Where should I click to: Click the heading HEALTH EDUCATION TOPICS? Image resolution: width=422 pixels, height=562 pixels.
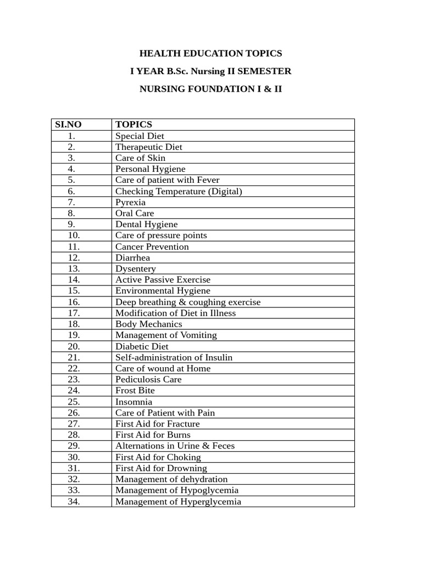pos(210,53)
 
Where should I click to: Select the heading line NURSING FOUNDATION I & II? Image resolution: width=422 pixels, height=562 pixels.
pos(210,88)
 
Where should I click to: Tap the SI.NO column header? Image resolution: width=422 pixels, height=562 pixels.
pos(69,125)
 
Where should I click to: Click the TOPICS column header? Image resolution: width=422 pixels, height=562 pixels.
pos(134,125)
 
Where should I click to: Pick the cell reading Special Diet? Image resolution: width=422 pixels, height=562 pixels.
pos(140,136)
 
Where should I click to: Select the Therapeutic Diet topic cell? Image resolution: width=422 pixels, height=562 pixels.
pos(148,147)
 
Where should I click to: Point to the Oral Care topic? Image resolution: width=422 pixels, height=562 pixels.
pos(135,213)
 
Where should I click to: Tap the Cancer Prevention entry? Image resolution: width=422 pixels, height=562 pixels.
pos(152,246)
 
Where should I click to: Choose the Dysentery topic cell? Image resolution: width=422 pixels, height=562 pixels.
pos(135,269)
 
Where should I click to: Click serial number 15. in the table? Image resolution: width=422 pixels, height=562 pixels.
pos(74,291)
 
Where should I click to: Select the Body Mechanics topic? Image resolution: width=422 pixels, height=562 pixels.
pos(148,324)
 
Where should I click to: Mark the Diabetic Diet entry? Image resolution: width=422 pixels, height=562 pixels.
pos(142,346)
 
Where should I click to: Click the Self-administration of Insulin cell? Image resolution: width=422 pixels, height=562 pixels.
pos(174,357)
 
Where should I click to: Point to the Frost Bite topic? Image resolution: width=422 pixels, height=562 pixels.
pos(135,390)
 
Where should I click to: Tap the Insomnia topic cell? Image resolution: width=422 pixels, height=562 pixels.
pos(134,402)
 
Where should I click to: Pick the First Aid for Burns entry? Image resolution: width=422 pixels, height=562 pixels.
pos(153,435)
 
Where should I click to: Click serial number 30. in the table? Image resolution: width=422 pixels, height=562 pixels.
pos(74,457)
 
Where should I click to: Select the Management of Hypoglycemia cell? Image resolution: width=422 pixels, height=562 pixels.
pos(177,490)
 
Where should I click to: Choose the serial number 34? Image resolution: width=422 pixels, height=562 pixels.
pos(74,501)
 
